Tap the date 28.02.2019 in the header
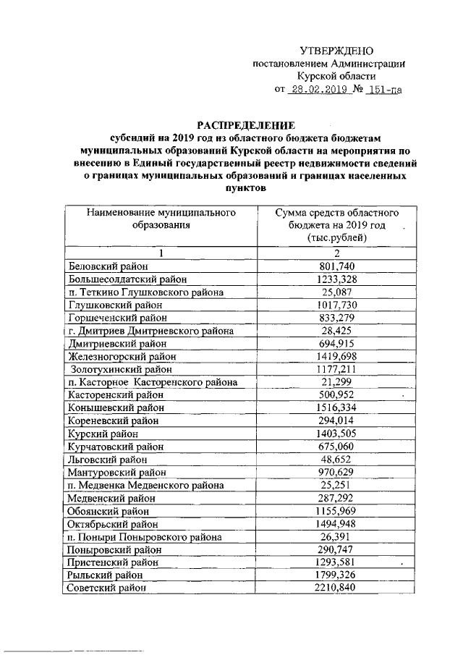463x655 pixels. click(319, 90)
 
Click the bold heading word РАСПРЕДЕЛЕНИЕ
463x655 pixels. click(231, 124)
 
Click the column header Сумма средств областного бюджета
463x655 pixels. click(336, 225)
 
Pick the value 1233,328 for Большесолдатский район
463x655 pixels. click(336, 279)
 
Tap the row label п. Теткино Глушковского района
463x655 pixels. click(145, 292)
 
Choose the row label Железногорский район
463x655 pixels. click(119, 357)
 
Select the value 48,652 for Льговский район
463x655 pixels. click(336, 460)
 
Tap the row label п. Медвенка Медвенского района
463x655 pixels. click(145, 485)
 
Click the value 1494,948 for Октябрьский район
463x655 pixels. click(336, 524)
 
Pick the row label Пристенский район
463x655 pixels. click(115, 562)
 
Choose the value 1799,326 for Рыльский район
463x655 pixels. click(336, 575)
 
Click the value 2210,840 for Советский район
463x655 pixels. click(336, 588)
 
